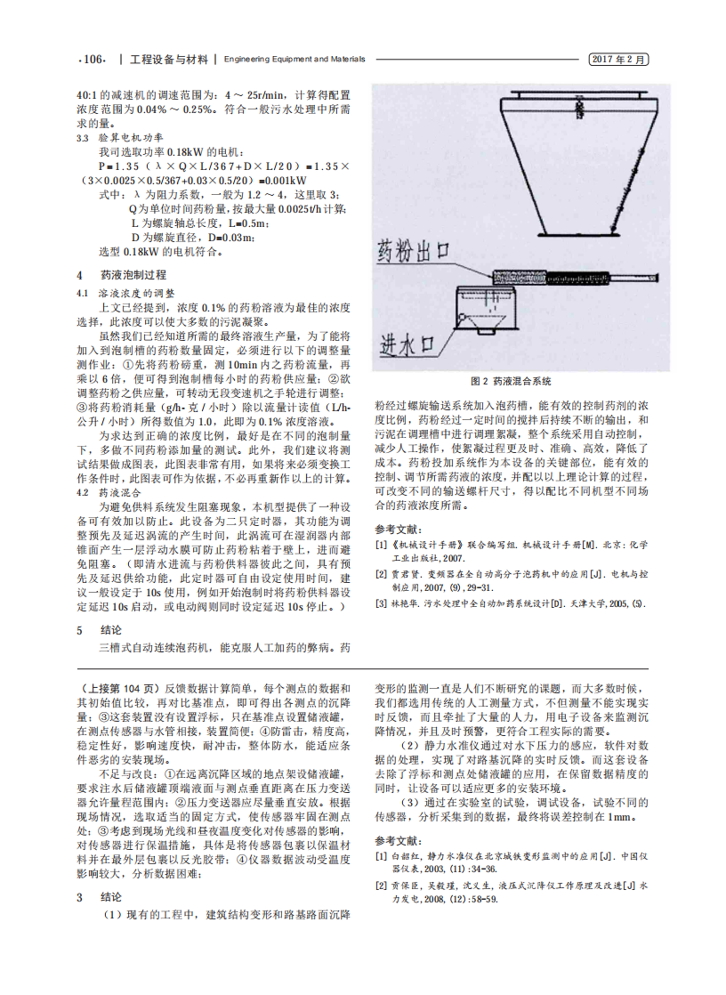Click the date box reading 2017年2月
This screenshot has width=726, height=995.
point(619,60)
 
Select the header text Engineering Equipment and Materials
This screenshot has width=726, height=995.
point(294,60)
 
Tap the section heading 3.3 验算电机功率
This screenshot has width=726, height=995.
point(121,138)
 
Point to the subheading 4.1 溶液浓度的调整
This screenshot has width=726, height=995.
point(125,291)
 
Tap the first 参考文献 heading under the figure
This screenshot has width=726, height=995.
point(398,528)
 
